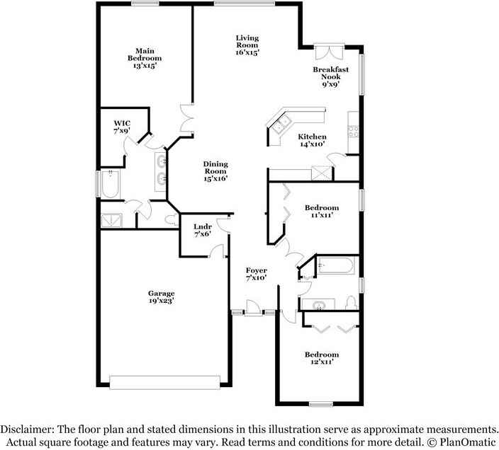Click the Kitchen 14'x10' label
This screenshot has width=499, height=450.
pyautogui.click(x=311, y=140)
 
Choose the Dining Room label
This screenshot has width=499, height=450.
pyautogui.click(x=215, y=171)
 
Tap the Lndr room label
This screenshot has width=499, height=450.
pyautogui.click(x=203, y=230)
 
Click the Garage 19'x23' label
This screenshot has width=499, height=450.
pyautogui.click(x=161, y=297)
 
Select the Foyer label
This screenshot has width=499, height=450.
pyautogui.click(x=256, y=274)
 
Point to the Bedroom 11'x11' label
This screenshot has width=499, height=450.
pyautogui.click(x=321, y=211)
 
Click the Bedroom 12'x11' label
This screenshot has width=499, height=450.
pyautogui.click(x=321, y=358)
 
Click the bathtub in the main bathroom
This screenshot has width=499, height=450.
pyautogui.click(x=111, y=185)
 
